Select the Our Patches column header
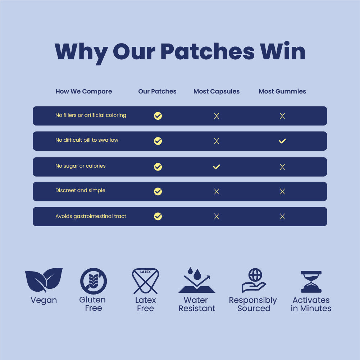[157, 91]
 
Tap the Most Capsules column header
[217, 91]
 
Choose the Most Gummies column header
[282, 91]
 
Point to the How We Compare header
[83, 91]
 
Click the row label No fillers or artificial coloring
[91, 115]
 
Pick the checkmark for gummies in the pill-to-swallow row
[282, 141]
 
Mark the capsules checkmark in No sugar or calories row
[217, 167]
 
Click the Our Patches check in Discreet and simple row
[158, 191]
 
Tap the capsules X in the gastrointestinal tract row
[217, 217]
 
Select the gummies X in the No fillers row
[282, 116]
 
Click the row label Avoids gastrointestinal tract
[91, 217]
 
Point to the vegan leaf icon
[44, 280]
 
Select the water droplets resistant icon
[197, 281]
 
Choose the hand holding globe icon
[254, 281]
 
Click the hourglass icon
[311, 282]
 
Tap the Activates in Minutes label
[311, 304]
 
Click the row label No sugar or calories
[80, 166]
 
